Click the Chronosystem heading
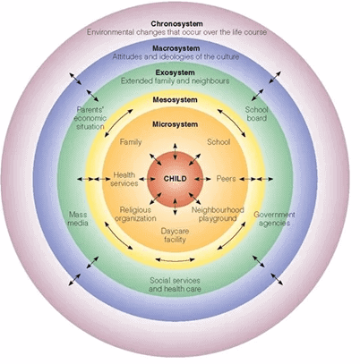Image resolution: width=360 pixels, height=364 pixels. click(x=176, y=23)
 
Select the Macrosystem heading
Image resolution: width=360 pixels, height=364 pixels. click(x=176, y=48)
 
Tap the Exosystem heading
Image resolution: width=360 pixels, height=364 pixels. click(x=175, y=72)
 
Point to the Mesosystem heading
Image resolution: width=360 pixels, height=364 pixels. click(x=175, y=99)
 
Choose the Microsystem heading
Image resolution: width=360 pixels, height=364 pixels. click(x=175, y=124)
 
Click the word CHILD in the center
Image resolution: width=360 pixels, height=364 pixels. click(x=176, y=179)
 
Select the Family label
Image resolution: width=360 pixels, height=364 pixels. click(x=131, y=142)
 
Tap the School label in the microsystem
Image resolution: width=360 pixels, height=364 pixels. click(x=219, y=142)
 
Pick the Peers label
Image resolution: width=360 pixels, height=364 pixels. click(x=226, y=179)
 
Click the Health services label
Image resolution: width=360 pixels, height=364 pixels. click(x=124, y=179)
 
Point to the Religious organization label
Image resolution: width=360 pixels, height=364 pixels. click(x=135, y=215)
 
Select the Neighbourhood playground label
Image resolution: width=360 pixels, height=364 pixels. click(x=218, y=214)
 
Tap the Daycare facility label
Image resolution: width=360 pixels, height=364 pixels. click(x=175, y=235)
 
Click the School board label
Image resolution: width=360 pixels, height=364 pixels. click(x=256, y=114)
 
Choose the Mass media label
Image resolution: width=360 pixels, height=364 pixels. click(x=78, y=218)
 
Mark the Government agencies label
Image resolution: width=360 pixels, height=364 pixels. click(x=274, y=218)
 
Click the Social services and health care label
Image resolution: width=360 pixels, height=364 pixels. click(x=175, y=284)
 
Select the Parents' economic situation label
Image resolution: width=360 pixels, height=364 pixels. click(x=90, y=118)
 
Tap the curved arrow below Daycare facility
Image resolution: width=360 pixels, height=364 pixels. click(x=176, y=260)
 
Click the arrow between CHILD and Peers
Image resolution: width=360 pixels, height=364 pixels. click(x=203, y=179)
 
